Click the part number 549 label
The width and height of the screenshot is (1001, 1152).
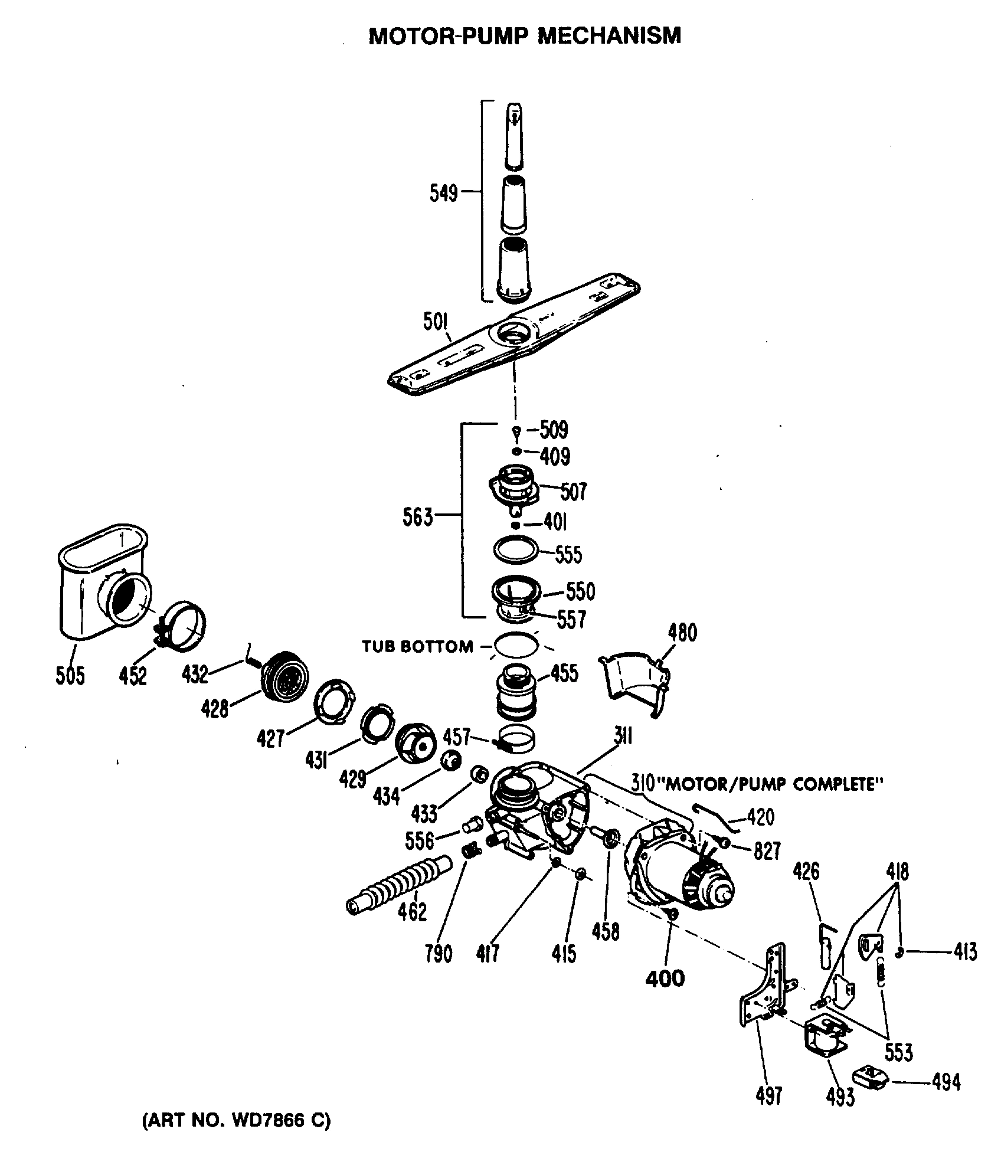pos(444,193)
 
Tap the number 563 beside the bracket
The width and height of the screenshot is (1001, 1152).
pos(418,518)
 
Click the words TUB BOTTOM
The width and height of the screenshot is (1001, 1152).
pos(417,647)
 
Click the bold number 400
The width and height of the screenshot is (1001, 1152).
pos(665,978)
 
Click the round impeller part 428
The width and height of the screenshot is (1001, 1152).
pos(286,678)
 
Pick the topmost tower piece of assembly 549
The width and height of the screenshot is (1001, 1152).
pos(515,136)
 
